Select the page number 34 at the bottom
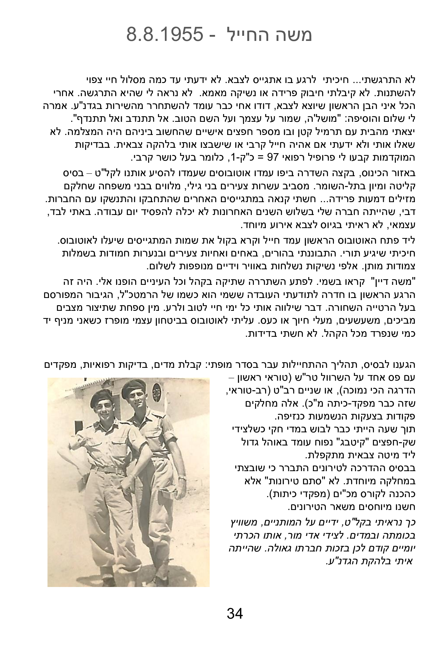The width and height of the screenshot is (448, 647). [235, 614]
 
